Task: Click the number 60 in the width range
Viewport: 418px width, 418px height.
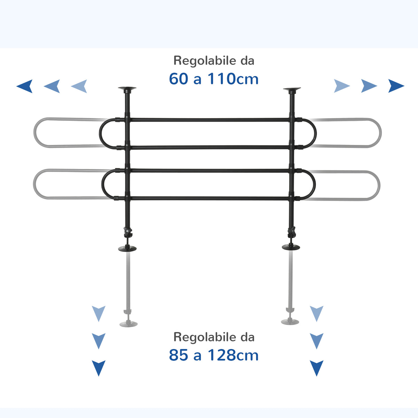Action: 178,79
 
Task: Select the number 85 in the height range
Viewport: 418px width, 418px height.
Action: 178,355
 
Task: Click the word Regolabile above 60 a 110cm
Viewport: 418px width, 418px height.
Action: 205,61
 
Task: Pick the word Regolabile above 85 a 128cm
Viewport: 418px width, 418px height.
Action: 205,337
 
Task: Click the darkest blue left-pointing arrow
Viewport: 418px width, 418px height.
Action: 24,86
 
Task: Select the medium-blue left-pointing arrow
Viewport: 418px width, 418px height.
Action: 52,86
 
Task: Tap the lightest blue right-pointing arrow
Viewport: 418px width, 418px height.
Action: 342,86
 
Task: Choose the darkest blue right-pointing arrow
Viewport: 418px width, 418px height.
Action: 396,86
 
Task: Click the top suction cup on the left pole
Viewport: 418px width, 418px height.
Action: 127,88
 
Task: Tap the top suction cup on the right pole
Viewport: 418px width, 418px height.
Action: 292,89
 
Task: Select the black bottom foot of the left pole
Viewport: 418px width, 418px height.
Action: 127,248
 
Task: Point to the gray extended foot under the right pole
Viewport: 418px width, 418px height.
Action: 290,321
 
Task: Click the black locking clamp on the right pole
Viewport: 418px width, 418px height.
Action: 292,232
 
